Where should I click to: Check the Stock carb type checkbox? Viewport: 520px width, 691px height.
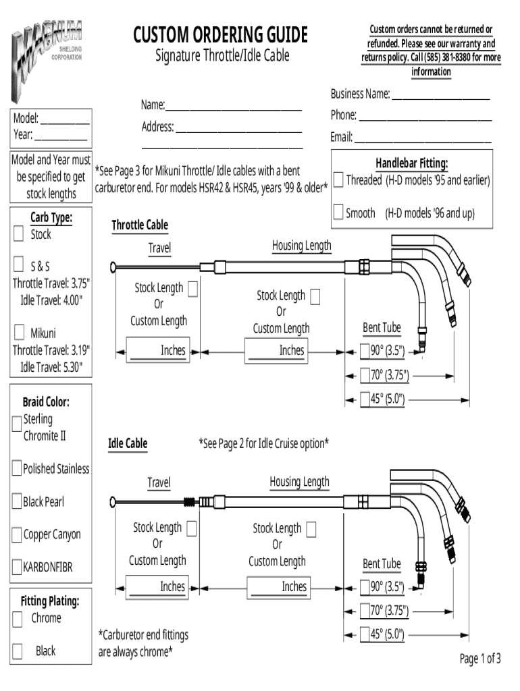19,235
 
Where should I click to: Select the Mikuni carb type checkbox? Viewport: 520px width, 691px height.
19,333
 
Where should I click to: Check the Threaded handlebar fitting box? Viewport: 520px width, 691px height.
338,181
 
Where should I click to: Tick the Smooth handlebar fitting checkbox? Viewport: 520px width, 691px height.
338,213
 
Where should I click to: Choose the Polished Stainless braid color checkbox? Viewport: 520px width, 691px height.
17,468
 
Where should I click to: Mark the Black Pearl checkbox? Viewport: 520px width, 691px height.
17,501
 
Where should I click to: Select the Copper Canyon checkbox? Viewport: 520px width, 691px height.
17,535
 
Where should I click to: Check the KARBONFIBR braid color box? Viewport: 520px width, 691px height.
17,568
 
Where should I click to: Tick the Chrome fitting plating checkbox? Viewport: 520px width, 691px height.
19,618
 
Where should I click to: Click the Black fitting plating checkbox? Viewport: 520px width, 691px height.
19,651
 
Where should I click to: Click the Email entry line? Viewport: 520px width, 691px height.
423,139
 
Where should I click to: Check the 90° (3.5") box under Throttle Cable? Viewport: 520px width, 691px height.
365,350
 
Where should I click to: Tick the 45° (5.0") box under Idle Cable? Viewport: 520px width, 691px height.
365,634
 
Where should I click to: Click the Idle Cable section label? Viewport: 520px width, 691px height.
128,443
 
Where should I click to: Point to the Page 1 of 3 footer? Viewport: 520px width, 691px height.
480,659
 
